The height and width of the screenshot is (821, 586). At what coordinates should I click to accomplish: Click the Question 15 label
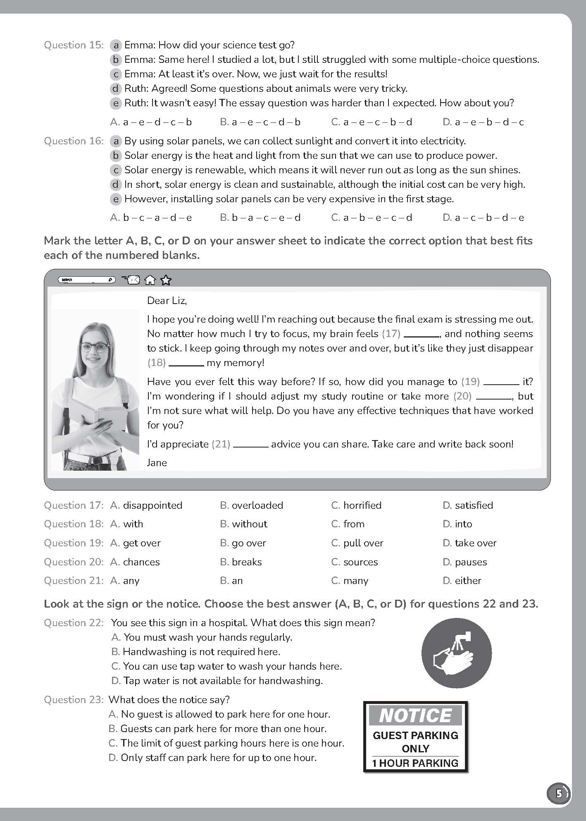[x=74, y=45]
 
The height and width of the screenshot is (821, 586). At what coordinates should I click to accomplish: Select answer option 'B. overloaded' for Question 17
[x=251, y=505]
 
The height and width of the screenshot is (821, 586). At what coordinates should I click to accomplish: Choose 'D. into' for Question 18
[x=457, y=524]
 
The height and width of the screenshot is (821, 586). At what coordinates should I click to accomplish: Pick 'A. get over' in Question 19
[x=136, y=543]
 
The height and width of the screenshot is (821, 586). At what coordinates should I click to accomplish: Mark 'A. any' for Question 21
[x=125, y=581]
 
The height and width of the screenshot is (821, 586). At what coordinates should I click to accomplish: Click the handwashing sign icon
[x=456, y=653]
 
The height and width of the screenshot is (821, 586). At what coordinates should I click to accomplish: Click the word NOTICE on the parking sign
[x=415, y=716]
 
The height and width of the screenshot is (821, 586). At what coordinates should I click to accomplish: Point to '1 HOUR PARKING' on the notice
[x=415, y=763]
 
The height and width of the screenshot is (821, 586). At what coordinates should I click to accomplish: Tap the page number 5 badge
[x=559, y=794]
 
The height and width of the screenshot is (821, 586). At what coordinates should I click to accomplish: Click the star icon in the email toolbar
[x=166, y=280]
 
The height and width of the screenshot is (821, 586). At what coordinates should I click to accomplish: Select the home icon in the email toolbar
[x=150, y=280]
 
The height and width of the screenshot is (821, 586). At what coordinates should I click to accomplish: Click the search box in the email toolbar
[x=87, y=280]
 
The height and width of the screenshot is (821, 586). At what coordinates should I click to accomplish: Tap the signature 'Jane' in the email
[x=157, y=463]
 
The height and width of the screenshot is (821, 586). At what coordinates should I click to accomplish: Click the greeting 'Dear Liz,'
[x=167, y=301]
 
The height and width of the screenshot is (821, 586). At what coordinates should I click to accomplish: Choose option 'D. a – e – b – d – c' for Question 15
[x=483, y=122]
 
